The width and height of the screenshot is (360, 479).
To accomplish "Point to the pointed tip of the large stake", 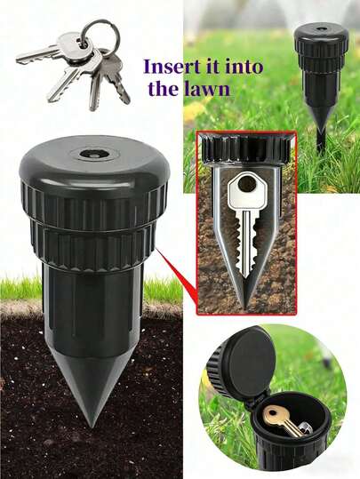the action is click(x=91, y=426).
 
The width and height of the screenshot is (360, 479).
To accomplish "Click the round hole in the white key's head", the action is click(x=246, y=183).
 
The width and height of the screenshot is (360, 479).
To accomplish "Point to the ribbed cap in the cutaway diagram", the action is click(x=246, y=150).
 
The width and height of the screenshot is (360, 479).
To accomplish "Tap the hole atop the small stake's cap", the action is click(x=321, y=29).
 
